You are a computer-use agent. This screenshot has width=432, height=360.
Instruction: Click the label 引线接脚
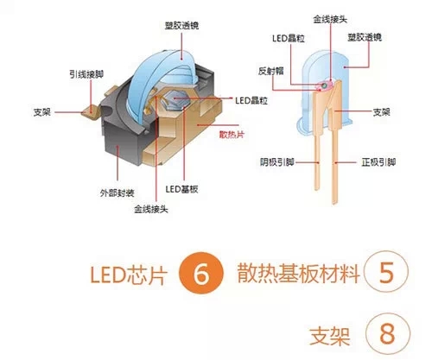(86, 74)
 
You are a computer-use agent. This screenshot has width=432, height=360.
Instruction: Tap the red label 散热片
(232, 135)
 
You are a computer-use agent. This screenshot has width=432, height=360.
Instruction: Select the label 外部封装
(118, 193)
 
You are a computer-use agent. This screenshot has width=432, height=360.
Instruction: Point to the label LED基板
(181, 189)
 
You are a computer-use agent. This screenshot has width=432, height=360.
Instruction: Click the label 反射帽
(271, 71)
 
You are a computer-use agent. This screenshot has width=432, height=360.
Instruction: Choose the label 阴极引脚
(277, 162)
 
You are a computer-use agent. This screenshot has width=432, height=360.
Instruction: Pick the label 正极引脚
(378, 162)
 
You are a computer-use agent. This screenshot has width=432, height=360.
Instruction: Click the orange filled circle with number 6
(201, 273)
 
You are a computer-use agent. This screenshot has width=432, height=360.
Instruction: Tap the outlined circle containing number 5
(386, 272)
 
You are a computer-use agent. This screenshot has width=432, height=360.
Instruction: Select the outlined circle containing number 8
(388, 334)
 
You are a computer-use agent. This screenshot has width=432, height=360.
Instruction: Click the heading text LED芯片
(129, 275)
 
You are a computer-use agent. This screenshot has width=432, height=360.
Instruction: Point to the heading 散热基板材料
(299, 273)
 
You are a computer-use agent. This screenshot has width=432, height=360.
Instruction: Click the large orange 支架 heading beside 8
(330, 336)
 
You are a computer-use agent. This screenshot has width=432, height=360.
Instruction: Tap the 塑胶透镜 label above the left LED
(181, 25)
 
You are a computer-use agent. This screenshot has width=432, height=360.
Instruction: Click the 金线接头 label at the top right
(330, 19)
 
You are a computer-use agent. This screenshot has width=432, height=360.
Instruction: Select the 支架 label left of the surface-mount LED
(42, 112)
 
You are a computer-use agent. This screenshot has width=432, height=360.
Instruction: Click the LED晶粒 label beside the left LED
(251, 100)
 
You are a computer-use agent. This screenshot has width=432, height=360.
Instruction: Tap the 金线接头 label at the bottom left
(151, 209)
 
